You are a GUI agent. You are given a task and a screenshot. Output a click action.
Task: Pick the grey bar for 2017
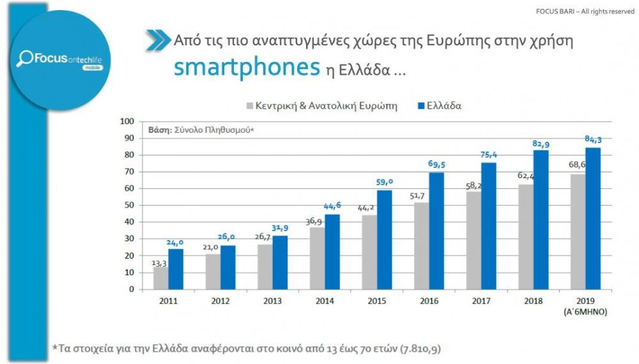click(x=473, y=240)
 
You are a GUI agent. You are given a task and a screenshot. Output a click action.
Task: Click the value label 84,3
click(x=593, y=140)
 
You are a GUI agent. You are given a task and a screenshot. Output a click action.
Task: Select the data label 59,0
click(x=385, y=181)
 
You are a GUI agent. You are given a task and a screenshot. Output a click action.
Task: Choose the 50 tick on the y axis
click(x=128, y=205)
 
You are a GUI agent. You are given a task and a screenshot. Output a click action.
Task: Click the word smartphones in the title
click(x=246, y=66)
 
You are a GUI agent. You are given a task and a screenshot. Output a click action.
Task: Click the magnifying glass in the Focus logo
click(x=26, y=59)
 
